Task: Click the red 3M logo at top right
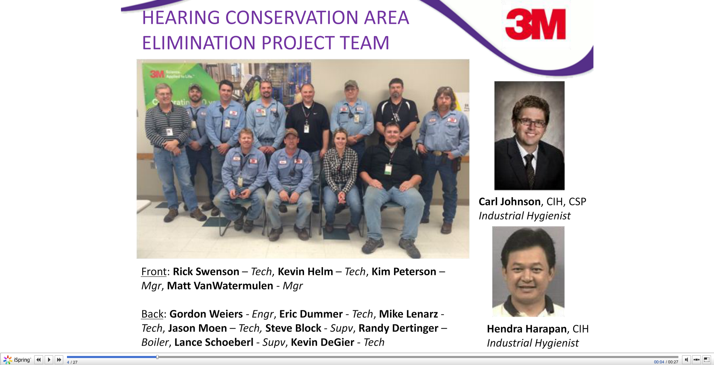[535, 25]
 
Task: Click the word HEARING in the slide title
[181, 18]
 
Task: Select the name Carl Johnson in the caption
[510, 202]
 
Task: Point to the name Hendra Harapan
[527, 329]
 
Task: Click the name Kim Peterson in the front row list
[404, 272]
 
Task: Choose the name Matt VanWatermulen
[220, 286]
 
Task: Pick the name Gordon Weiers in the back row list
[206, 314]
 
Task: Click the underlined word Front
[154, 272]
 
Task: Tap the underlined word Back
[152, 314]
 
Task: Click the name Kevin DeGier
[322, 342]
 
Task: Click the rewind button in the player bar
[39, 360]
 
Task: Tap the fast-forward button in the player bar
[59, 360]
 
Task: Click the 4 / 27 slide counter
[72, 362]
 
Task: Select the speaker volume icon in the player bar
[686, 360]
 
